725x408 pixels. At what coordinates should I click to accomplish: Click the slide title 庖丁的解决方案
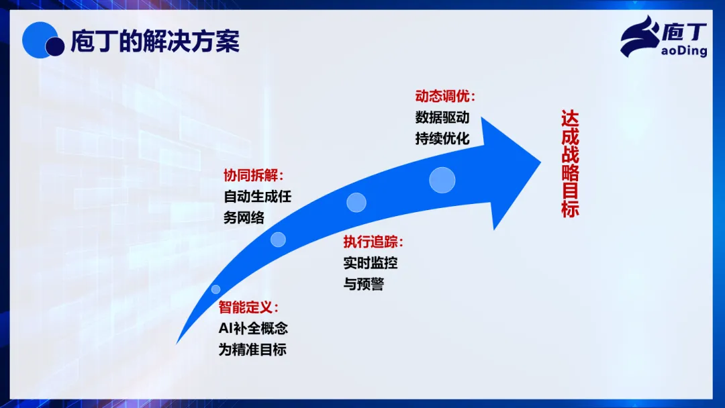(155, 42)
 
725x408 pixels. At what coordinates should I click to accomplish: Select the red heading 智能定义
(248, 308)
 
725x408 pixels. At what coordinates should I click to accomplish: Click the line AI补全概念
(253, 329)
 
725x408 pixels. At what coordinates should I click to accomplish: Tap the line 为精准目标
(252, 350)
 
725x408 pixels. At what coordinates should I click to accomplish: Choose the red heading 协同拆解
(252, 176)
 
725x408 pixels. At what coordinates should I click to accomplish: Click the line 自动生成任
(258, 197)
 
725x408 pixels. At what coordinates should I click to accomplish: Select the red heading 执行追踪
(373, 242)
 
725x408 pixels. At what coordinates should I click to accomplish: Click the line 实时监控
(371, 262)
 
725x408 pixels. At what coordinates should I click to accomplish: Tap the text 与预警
(364, 283)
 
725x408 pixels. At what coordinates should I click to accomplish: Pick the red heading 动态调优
(445, 96)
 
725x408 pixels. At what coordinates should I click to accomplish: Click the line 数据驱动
(442, 117)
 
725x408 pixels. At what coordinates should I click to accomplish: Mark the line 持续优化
(442, 138)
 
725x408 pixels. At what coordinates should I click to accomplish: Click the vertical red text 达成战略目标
(570, 164)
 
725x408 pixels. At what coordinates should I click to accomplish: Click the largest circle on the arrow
(442, 180)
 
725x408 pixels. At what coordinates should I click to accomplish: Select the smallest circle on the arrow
(215, 289)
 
